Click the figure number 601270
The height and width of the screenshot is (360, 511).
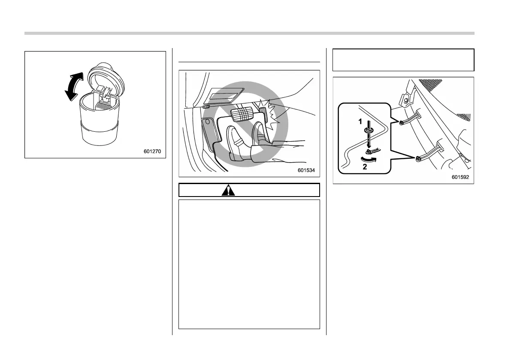coord(154,151)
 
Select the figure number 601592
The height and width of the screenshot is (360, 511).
coord(460,177)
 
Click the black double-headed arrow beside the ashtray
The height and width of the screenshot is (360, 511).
coord(72,86)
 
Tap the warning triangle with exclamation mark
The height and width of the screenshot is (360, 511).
coord(228,190)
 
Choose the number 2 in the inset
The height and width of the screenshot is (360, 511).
coord(365,168)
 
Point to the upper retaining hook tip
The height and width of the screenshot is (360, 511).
coord(400,123)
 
